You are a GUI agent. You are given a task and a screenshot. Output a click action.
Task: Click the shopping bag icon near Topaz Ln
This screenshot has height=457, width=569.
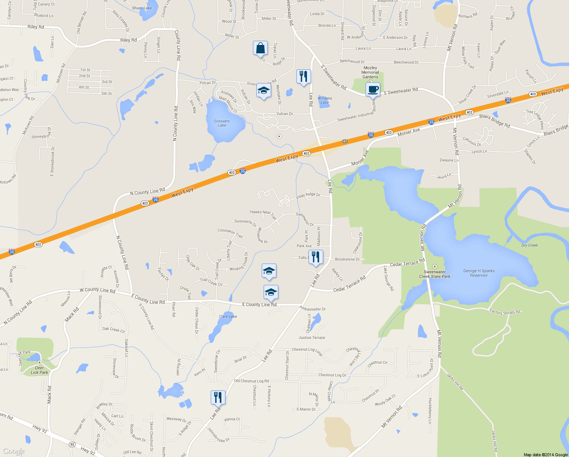[260, 49]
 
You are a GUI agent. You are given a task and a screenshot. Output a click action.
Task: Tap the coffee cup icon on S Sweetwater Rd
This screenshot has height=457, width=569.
[373, 90]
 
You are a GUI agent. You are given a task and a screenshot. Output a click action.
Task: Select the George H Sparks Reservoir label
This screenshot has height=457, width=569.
[479, 273]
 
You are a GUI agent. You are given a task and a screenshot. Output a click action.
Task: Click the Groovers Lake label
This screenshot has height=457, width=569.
[222, 123]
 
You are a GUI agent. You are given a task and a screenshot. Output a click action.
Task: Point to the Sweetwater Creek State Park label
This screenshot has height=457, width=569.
[435, 274]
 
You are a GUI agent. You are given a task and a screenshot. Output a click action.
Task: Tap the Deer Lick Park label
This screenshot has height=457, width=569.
[40, 370]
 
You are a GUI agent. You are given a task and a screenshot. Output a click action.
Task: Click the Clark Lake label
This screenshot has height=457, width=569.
[228, 316]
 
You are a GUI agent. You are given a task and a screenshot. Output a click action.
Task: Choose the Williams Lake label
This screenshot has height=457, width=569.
[324, 100]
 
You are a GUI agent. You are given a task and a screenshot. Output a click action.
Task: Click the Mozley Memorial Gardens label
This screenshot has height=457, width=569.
[370, 72]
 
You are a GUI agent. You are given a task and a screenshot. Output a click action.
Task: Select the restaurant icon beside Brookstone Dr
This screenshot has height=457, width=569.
[315, 257]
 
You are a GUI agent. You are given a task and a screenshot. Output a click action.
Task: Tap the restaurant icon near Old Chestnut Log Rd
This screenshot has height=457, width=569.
[218, 398]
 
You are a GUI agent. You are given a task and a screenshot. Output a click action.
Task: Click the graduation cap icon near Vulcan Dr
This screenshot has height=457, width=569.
[264, 91]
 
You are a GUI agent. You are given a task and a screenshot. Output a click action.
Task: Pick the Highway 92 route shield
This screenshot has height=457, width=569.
[72, 444]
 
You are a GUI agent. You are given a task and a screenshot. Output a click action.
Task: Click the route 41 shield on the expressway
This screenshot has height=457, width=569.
[345, 141]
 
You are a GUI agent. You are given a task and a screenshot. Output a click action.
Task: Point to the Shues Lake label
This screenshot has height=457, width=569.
[141, 8]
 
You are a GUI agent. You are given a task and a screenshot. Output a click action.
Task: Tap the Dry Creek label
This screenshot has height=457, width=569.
[529, 245]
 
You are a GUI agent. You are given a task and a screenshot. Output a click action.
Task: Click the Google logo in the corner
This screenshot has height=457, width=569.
[13, 451]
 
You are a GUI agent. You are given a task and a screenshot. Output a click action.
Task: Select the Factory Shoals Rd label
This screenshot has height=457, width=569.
[505, 312]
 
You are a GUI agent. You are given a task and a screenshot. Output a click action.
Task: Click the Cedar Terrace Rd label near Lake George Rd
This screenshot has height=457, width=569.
[407, 264]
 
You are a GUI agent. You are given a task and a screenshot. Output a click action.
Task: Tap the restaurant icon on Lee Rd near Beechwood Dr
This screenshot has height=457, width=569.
[303, 77]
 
